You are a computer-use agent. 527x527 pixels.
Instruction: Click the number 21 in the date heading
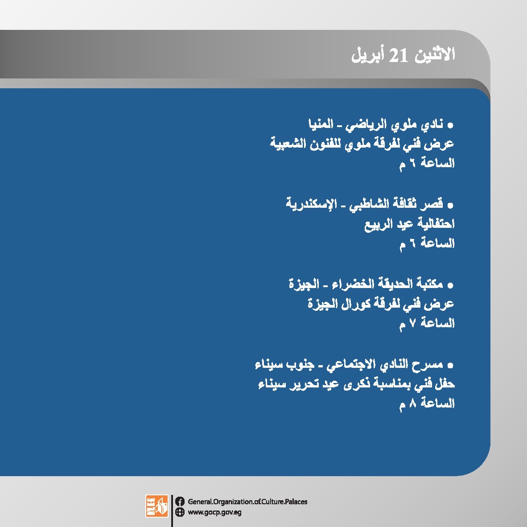(x=399, y=55)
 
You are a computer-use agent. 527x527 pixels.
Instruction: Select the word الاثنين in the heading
(x=435, y=54)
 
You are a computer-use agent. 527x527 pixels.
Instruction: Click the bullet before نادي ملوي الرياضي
(x=450, y=126)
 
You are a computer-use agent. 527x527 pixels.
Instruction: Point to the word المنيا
(x=321, y=124)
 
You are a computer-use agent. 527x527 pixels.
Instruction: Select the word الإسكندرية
(x=311, y=204)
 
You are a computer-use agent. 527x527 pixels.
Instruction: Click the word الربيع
(x=379, y=224)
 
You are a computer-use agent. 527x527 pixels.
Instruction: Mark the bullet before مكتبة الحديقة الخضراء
(x=450, y=285)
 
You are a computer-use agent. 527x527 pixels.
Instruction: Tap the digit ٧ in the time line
(x=412, y=323)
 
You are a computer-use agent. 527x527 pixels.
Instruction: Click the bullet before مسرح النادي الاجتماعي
(x=450, y=365)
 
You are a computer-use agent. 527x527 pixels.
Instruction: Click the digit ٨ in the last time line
(x=412, y=403)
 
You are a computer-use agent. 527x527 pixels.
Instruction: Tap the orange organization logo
(x=156, y=506)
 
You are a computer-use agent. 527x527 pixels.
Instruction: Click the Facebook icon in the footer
(x=180, y=502)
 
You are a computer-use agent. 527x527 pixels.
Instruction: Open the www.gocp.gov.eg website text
(x=214, y=513)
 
